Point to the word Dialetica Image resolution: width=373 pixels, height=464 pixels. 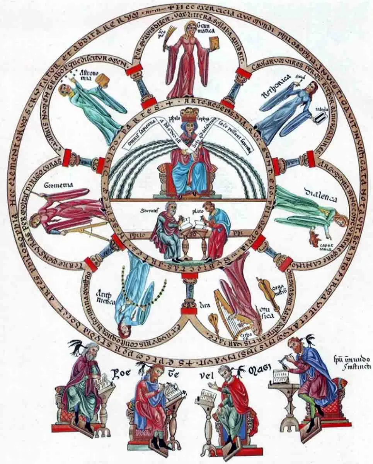(320, 195)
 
